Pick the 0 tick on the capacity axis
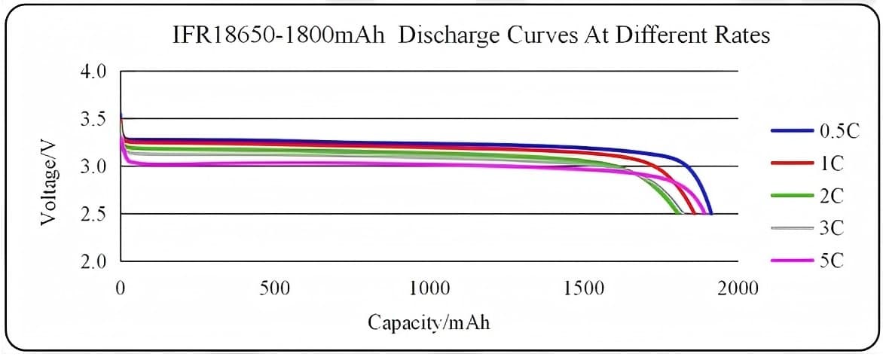pos(121,288)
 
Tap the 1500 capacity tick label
pos(584,288)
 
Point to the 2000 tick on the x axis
pos(738,288)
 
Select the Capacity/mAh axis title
pos(429,322)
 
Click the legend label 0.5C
pos(839,130)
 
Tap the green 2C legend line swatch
pos(792,196)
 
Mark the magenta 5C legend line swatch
pos(792,261)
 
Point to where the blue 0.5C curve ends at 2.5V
pos(710,214)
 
